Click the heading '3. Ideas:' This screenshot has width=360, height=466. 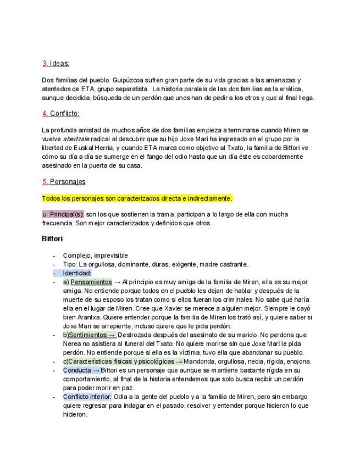pos(56,63)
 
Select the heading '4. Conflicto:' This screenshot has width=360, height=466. pos(60,113)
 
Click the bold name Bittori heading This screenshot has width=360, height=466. pos(52,238)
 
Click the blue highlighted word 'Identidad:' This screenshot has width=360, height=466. pos(77,273)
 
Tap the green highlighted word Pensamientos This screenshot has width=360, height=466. pos(91,282)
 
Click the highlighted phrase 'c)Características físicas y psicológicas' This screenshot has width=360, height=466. pos(118,361)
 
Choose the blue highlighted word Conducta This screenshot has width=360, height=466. pos(77,370)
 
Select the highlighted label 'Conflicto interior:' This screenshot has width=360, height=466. pos(87,396)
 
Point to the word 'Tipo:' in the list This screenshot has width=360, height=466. pos(70,264)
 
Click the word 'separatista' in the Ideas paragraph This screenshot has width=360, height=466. pos(130,88)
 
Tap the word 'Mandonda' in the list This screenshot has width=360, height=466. pos(203,361)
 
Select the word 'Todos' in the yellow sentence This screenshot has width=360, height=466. pos(51,198)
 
